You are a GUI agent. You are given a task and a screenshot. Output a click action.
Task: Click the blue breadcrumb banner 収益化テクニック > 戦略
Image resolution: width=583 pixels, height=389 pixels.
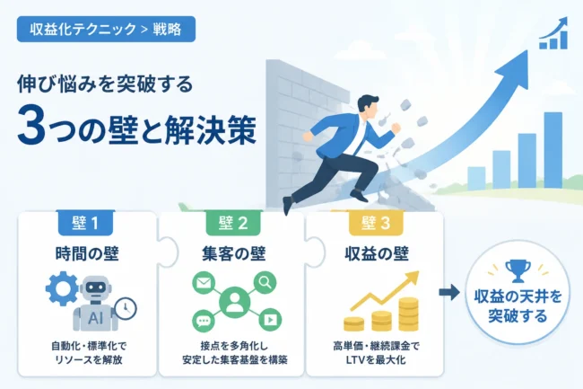point(106,29)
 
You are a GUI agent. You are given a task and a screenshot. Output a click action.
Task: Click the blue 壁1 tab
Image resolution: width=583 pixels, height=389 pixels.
point(85,223)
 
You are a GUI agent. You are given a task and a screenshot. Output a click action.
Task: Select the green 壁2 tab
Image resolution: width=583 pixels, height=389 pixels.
point(233,223)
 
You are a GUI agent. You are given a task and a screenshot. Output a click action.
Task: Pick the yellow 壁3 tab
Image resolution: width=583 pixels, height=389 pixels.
point(376,223)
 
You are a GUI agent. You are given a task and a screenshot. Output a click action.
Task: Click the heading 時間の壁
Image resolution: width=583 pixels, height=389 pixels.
point(87,254)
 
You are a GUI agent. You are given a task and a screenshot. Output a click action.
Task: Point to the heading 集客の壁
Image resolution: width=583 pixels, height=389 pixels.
point(233,254)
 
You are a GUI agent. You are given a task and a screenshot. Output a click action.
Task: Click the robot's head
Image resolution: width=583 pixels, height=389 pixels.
point(96,287)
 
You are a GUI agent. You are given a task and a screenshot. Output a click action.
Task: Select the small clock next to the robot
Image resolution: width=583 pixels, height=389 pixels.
point(126,308)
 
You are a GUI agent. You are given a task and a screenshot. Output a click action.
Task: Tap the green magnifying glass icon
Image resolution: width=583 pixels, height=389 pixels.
point(265,283)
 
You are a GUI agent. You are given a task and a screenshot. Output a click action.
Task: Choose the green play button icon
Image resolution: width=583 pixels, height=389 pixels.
point(270,320)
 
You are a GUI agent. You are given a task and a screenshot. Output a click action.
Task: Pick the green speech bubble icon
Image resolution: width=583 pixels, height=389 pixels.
point(204,321)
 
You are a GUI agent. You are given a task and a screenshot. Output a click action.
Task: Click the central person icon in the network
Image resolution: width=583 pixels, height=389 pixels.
point(234,301)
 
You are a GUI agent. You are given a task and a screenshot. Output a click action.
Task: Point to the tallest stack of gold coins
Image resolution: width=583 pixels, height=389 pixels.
point(409,314)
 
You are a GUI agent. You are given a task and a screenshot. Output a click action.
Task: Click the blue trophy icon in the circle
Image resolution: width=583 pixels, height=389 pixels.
point(518,270)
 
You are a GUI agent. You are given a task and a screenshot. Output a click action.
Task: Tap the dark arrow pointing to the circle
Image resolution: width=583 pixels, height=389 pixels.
point(449,292)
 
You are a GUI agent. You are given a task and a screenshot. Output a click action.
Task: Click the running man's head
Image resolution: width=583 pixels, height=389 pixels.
point(368,107)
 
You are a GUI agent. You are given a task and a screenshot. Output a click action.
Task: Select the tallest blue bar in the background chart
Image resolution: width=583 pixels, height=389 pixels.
point(553,150)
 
